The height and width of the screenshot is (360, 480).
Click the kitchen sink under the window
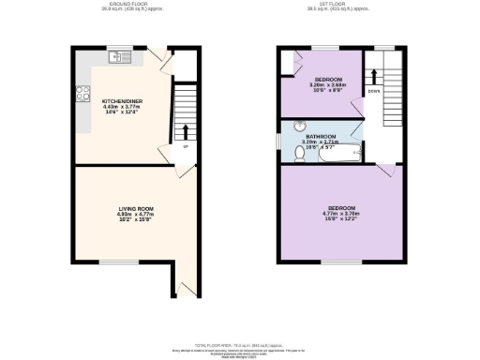click(120, 57)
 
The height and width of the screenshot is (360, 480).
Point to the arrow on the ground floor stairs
click(185, 130)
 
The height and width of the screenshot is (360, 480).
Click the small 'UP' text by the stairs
click(185, 147)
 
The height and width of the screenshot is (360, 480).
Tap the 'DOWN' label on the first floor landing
click(372, 92)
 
